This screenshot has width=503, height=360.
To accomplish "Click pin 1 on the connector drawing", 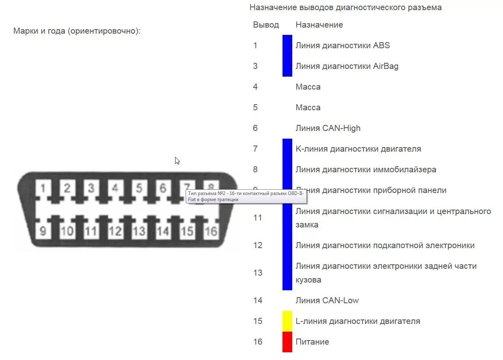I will tap(43, 189).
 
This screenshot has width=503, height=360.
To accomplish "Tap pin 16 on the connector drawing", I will tap(211, 231).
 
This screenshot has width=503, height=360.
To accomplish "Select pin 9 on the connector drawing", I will tap(43, 231).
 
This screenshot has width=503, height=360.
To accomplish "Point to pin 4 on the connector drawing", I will tap(115, 189).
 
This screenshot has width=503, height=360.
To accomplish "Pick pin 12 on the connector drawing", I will tap(115, 231).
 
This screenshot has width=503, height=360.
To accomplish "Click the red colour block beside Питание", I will tap(287, 342).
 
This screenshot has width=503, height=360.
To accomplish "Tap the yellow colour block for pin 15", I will tap(287, 321).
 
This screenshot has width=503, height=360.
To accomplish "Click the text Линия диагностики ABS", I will tap(342, 45).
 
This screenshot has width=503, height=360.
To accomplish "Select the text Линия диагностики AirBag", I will tap(347, 66).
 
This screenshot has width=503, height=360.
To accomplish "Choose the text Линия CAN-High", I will tap(327, 128).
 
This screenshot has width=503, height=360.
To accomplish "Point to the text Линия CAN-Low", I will tap(327, 300).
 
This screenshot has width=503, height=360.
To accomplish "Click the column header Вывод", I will tap(266, 25).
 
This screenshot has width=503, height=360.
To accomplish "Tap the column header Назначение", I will tap(319, 25).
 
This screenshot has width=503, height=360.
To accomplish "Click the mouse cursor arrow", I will tap(177, 161).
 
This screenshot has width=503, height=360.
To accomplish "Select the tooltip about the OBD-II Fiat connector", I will tap(246, 196).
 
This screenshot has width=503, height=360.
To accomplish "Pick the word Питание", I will tap(312, 342).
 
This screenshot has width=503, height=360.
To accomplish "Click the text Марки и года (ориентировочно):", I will tap(77, 31).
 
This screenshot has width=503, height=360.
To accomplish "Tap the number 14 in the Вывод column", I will tap(258, 300).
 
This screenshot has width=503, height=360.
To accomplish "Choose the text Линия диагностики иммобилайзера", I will tap(366, 169).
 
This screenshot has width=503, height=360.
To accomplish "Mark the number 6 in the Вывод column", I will tap(255, 128).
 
